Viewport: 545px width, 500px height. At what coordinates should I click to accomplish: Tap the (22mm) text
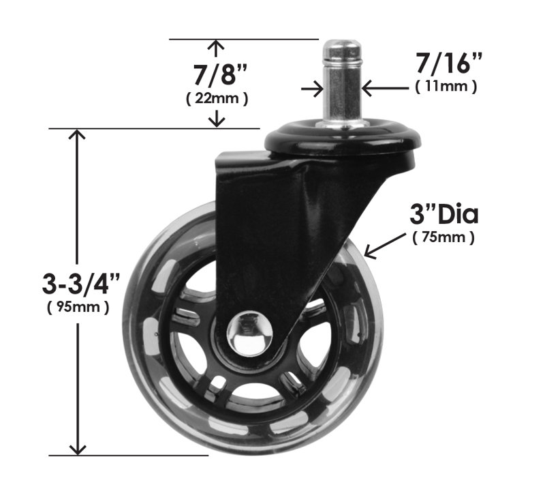[217, 98]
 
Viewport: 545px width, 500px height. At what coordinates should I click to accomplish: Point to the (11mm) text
[446, 87]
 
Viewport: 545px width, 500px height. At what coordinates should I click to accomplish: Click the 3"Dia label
[443, 215]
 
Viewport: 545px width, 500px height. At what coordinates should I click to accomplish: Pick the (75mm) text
[443, 238]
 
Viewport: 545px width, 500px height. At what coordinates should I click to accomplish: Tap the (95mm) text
[78, 307]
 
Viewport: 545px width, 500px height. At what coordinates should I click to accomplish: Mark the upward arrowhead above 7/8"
[217, 46]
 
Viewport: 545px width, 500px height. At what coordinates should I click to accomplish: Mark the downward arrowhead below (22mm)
[217, 121]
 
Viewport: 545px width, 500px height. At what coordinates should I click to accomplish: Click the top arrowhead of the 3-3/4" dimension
[78, 134]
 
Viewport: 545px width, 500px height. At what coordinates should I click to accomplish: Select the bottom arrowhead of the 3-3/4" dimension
[78, 448]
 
